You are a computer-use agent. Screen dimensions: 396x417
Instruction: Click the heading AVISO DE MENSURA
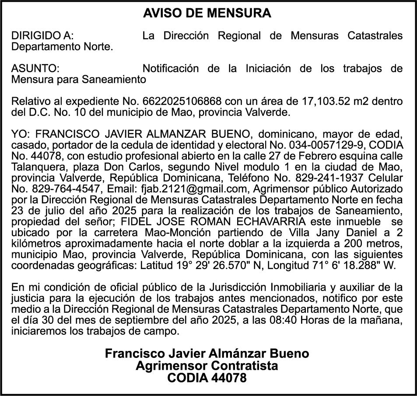pos(207,14)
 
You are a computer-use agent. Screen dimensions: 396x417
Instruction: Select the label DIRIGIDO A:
pos(42,36)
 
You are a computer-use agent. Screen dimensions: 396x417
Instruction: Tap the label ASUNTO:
pos(35,69)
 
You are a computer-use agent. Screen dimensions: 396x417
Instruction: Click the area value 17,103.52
pos(329,102)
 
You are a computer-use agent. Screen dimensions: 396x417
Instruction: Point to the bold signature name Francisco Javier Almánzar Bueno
pos(207,354)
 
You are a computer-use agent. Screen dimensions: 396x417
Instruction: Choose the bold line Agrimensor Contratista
pos(207,365)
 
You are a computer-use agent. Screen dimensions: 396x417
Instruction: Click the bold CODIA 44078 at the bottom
pos(207,378)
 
